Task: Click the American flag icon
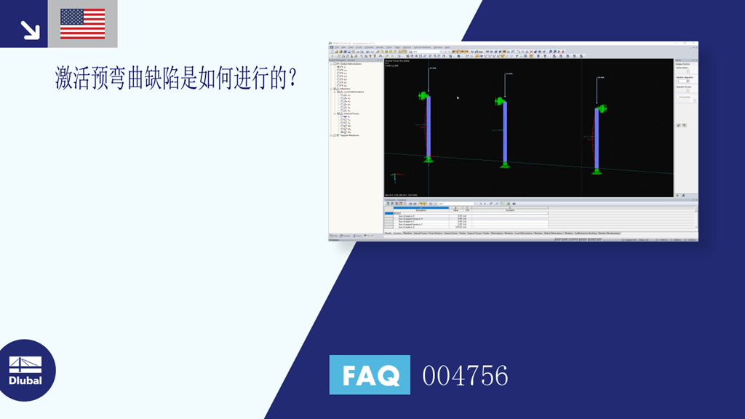pos(82,23)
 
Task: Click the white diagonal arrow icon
pos(29,28)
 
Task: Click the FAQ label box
pos(370,375)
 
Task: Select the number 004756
pos(465,376)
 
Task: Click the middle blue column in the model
pos(505,132)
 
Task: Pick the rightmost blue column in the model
pos(597,138)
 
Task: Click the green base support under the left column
pos(429,159)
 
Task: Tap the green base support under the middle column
pos(505,165)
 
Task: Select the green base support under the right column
pos(597,172)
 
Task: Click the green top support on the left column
pos(423,95)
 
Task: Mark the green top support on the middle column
pos(500,101)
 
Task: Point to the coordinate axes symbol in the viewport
pos(395,177)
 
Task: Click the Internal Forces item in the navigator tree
pos(350,113)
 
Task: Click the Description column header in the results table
pos(421,209)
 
